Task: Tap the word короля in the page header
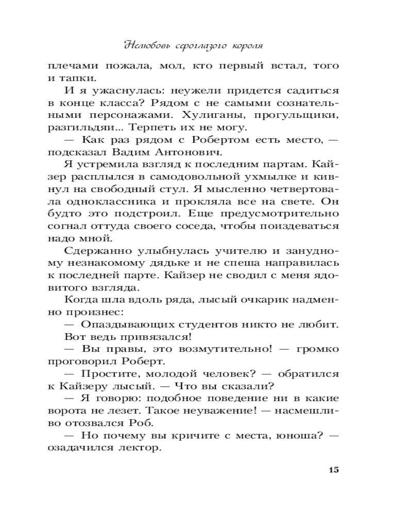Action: coord(244,45)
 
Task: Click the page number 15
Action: coord(332,470)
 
